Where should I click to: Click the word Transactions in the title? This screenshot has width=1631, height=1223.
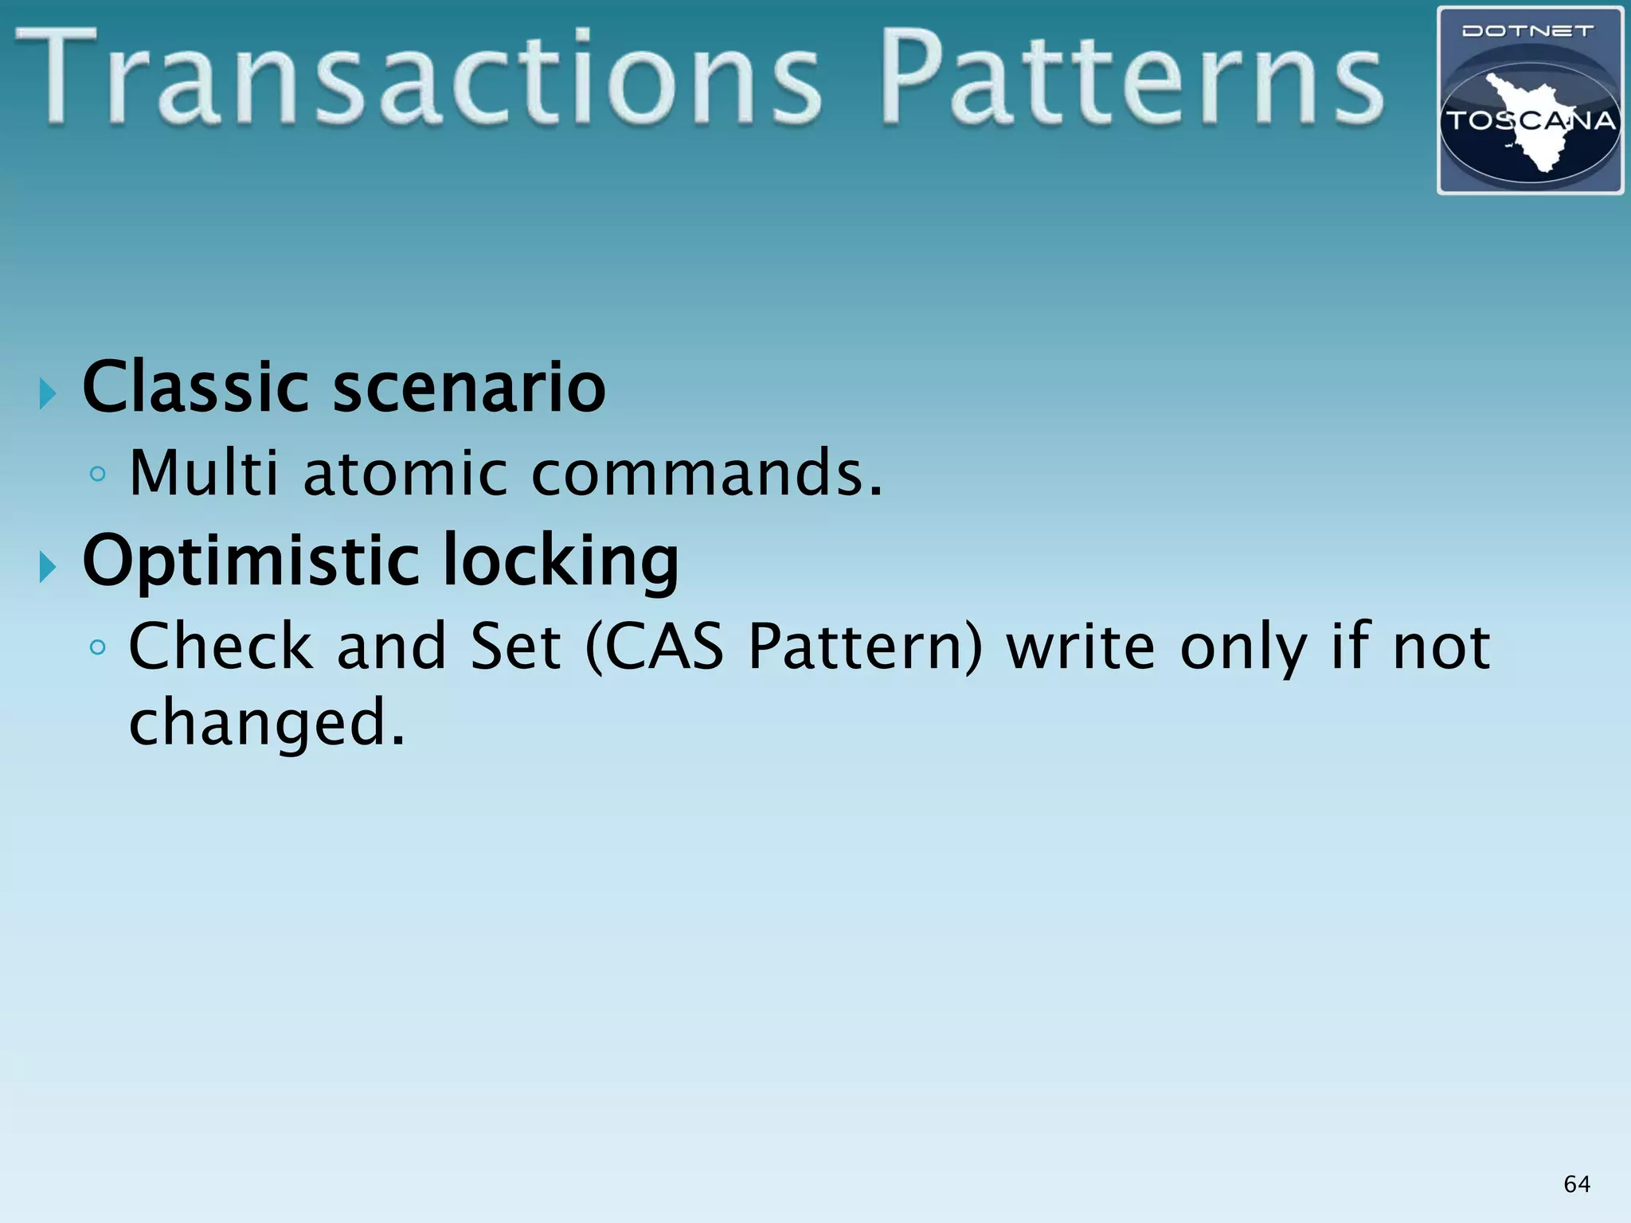(x=418, y=80)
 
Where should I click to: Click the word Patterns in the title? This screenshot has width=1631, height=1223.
(x=1131, y=80)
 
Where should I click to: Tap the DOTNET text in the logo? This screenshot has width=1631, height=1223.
(x=1528, y=32)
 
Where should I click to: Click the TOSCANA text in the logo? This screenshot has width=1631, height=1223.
(x=1530, y=122)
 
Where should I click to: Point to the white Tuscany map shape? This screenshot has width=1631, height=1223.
(x=1533, y=143)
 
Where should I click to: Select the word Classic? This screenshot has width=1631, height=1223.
(x=195, y=388)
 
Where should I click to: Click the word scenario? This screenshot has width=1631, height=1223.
(x=469, y=388)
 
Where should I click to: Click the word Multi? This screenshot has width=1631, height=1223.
(x=204, y=474)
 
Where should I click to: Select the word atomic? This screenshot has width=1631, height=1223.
(x=405, y=474)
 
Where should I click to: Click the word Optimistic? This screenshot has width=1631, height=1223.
(x=251, y=561)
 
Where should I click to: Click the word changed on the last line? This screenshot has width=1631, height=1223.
(x=267, y=722)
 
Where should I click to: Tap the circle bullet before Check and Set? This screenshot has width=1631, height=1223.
(x=98, y=647)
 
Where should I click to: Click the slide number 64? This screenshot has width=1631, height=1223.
(x=1577, y=1184)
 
